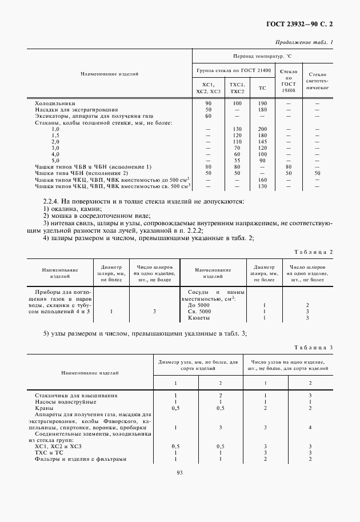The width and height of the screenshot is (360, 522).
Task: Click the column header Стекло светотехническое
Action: pyautogui.click(x=317, y=82)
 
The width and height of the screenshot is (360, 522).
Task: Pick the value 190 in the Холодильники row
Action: pyautogui.click(x=262, y=103)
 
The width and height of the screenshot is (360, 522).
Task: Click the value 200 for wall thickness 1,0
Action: pyautogui.click(x=262, y=129)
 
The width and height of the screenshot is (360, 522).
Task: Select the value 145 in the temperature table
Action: pyautogui.click(x=262, y=141)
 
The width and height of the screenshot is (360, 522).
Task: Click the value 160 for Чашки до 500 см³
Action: pyautogui.click(x=262, y=180)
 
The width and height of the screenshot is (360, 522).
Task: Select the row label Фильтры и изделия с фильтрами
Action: pyautogui.click(x=80, y=459)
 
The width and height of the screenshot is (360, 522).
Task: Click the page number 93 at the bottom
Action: pyautogui.click(x=179, y=472)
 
